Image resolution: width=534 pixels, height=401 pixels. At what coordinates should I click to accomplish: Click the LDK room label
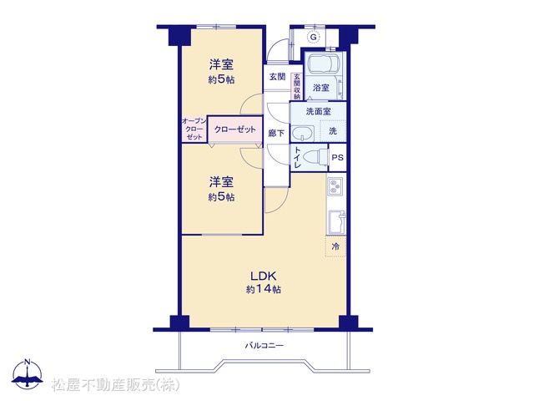(x=264, y=276)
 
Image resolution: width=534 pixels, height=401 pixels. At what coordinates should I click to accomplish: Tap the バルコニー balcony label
(x=264, y=346)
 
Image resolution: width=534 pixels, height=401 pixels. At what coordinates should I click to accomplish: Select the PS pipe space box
(x=337, y=158)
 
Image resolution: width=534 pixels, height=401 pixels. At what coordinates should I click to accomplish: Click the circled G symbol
(x=314, y=37)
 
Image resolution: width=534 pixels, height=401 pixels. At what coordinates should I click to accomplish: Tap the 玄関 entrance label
(x=277, y=77)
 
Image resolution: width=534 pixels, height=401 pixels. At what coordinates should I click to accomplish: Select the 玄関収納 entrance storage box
(x=297, y=87)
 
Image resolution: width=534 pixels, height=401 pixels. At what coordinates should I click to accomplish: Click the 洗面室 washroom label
(x=318, y=111)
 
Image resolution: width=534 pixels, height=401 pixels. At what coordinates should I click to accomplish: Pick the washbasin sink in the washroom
(x=303, y=134)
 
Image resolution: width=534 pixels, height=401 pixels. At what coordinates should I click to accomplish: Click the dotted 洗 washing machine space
(x=333, y=130)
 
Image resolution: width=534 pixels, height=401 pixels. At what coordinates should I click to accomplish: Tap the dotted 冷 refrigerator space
(x=335, y=246)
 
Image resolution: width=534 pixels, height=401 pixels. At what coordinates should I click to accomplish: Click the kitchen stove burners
(x=336, y=186)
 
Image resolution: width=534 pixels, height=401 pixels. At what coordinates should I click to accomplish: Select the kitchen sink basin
(x=336, y=222)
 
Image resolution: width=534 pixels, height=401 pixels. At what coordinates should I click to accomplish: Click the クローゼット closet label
(x=235, y=129)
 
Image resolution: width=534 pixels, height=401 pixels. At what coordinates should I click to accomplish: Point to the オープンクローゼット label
(x=194, y=129)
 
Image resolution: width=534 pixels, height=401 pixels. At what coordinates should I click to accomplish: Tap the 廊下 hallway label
(x=276, y=133)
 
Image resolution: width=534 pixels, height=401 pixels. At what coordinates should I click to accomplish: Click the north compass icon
(x=28, y=374)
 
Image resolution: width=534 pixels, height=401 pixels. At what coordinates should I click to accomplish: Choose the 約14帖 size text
(x=264, y=290)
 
